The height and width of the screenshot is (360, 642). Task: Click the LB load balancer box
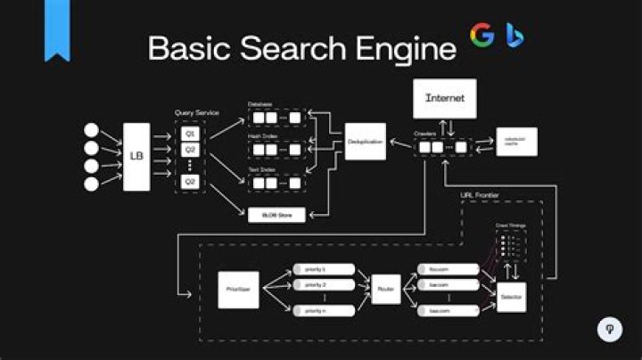[136, 156]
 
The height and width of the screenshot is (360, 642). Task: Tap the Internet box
[444, 98]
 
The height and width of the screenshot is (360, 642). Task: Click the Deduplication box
[365, 142]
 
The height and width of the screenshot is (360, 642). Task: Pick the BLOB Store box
[276, 214]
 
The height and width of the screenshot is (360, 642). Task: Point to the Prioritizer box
[238, 290]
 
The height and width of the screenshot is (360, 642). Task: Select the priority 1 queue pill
[324, 268]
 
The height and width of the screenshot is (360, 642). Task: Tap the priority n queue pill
[324, 310]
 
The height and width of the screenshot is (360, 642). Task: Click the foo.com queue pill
[449, 268]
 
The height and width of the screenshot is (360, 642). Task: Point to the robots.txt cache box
[517, 142]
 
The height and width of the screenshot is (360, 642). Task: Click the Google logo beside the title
[482, 35]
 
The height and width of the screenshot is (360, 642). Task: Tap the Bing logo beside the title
[513, 36]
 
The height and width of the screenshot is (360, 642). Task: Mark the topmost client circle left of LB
[91, 129]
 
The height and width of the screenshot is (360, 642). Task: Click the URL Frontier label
[479, 194]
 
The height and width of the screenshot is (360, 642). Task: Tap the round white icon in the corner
[609, 329]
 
